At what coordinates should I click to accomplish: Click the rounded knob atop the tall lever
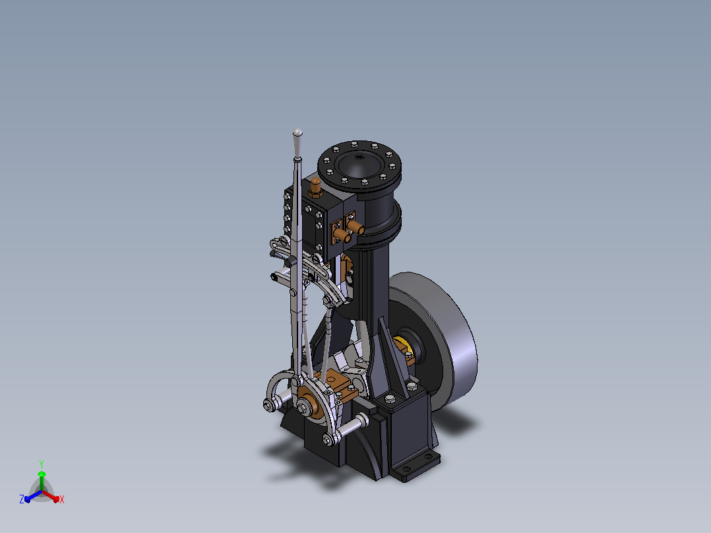(297, 133)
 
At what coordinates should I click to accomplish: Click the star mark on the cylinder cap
(360, 158)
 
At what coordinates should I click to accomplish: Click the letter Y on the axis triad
(42, 464)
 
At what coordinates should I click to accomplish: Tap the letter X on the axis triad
(62, 500)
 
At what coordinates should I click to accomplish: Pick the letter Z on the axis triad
(22, 499)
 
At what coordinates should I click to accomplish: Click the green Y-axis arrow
(42, 480)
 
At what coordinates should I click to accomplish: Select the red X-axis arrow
(51, 496)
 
